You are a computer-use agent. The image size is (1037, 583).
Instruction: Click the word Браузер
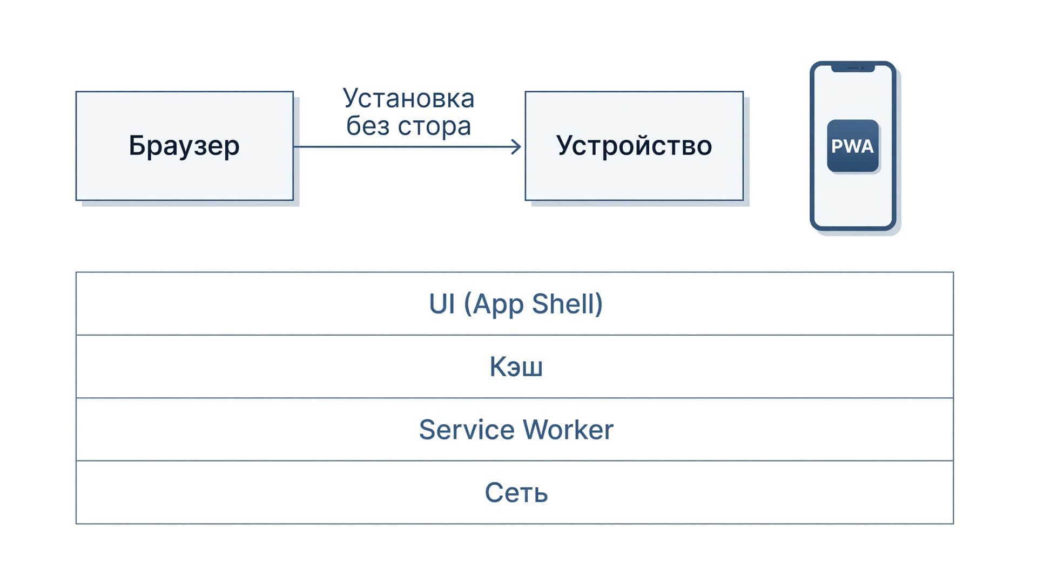(184, 146)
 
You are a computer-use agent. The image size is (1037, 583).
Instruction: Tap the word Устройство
(634, 146)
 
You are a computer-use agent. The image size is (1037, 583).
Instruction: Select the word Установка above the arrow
(409, 99)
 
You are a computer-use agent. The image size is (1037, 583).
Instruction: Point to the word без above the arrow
(368, 125)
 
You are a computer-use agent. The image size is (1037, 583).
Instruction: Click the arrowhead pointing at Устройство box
(516, 146)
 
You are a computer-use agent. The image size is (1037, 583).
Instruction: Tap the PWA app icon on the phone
(853, 146)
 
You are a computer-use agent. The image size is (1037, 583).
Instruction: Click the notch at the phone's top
(853, 68)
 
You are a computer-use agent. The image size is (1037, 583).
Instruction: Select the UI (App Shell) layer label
(516, 304)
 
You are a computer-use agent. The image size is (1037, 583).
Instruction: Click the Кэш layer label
(516, 367)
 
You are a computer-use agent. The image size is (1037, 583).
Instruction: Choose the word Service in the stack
(467, 430)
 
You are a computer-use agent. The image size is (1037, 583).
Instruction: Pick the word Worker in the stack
(568, 430)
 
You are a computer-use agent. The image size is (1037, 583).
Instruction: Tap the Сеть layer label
(516, 492)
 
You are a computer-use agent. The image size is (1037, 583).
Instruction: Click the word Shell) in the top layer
(567, 304)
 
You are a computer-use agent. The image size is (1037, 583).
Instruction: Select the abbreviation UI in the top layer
(442, 303)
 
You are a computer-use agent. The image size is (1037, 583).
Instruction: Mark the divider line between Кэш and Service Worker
(515, 398)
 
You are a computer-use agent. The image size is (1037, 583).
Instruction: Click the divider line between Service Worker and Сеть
(515, 460)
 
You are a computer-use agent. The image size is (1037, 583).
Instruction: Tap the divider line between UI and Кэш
(515, 335)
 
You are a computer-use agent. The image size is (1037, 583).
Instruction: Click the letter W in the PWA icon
(852, 146)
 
